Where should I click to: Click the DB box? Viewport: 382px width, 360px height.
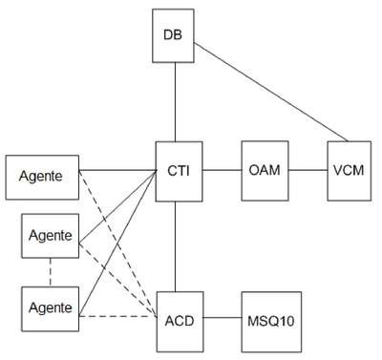[173, 35]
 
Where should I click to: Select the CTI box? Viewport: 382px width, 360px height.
[179, 172]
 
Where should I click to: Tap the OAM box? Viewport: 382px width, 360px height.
[265, 171]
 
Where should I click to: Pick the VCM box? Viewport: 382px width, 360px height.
[350, 171]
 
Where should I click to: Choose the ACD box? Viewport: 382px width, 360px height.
[180, 322]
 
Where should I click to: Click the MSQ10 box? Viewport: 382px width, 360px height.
[271, 322]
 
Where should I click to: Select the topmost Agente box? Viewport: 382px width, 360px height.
[42, 178]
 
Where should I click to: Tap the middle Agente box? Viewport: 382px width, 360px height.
[51, 236]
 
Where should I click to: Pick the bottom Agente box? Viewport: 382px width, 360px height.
[51, 309]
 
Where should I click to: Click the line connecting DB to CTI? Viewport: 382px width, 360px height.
[175, 102]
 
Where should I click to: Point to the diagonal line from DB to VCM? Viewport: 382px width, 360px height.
[271, 93]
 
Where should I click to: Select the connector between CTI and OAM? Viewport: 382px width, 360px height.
[222, 170]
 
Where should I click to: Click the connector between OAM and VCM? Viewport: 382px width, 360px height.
[308, 170]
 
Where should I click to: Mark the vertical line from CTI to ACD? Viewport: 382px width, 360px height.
[175, 246]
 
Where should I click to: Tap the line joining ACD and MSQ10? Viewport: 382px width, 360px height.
[223, 317]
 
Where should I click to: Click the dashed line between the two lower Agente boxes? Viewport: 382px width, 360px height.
[51, 272]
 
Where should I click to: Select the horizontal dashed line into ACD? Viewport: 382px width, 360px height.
[117, 316]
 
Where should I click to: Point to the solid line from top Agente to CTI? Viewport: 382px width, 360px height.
[117, 170]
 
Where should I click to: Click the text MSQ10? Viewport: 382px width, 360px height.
[271, 321]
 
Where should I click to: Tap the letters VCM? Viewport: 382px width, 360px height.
[349, 170]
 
